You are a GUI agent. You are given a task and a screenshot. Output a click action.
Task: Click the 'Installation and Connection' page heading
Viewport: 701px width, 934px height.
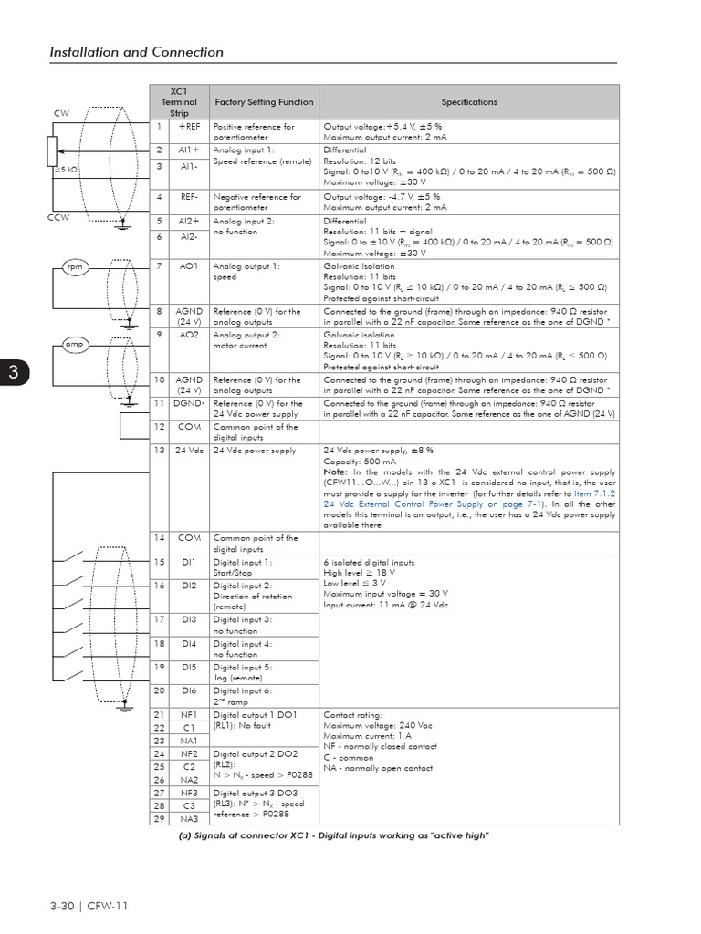click(136, 52)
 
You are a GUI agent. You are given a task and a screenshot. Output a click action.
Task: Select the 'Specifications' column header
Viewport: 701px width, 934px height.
click(469, 102)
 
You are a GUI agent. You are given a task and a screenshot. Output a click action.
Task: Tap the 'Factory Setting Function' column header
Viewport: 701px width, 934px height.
click(264, 102)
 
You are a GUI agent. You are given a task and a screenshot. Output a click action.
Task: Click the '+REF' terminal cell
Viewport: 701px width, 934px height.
click(189, 127)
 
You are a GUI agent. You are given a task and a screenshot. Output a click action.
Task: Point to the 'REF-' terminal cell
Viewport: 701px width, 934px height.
click(189, 196)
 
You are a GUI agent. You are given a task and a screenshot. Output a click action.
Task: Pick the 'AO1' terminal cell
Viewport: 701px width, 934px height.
click(189, 265)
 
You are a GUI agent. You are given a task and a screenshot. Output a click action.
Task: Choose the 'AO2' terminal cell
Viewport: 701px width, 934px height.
click(189, 335)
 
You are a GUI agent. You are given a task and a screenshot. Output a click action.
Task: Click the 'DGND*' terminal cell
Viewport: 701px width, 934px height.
click(189, 403)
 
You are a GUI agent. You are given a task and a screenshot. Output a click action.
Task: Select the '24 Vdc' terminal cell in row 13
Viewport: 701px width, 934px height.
click(189, 451)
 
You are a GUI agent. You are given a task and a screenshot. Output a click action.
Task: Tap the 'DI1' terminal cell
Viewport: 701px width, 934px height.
click(189, 563)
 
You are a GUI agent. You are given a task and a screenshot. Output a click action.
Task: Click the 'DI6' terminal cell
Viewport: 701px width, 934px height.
click(189, 690)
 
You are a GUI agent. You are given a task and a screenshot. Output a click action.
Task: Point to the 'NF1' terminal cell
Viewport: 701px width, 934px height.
click(189, 715)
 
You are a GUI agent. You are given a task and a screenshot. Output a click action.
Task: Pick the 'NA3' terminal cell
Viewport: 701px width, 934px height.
click(189, 819)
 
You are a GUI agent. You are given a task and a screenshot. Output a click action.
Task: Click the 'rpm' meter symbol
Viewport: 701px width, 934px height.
click(74, 266)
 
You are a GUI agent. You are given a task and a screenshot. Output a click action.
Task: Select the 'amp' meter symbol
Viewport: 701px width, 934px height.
click(74, 344)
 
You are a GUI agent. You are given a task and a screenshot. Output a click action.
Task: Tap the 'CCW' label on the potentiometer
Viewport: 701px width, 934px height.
click(58, 218)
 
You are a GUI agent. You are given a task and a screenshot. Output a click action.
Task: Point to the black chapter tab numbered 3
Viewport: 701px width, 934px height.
click(14, 372)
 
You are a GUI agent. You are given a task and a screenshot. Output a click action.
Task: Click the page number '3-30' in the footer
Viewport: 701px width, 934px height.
click(61, 906)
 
